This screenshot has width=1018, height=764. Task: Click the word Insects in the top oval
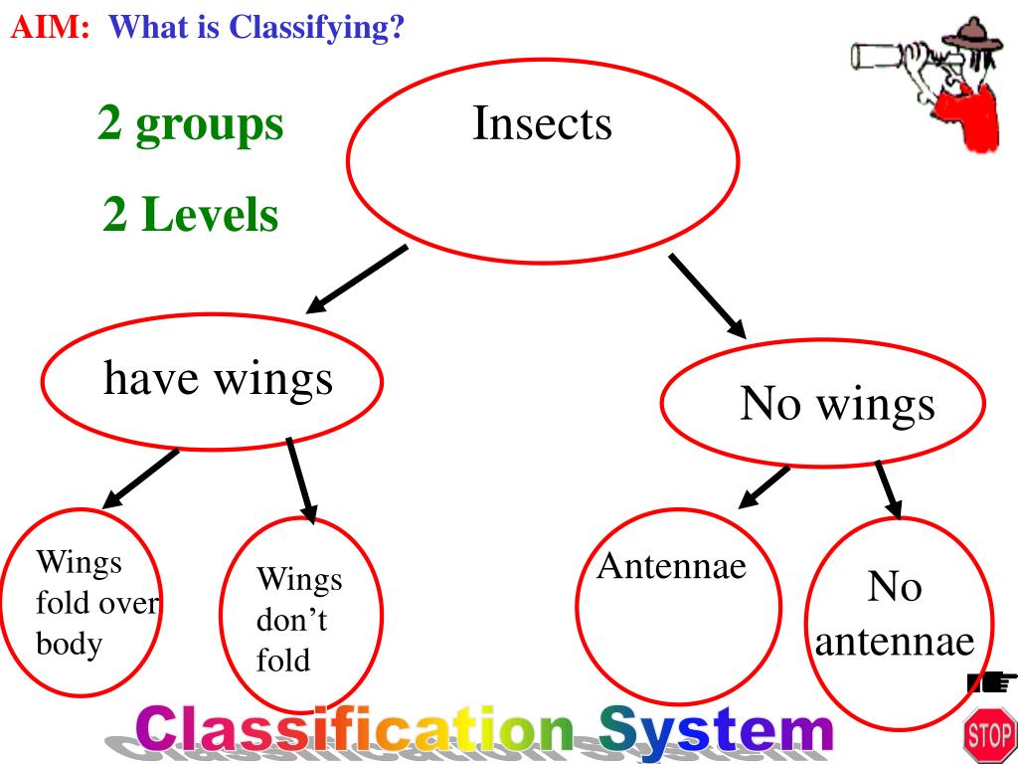(542, 124)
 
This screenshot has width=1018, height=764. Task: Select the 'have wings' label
(218, 378)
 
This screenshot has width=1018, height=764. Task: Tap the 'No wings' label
(837, 404)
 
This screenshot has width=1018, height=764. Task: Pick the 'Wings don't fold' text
(298, 619)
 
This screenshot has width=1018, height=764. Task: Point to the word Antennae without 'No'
(671, 567)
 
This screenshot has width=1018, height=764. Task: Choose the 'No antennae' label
(895, 613)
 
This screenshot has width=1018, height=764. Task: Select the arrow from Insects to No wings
(708, 294)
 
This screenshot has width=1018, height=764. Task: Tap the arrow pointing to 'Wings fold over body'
(141, 477)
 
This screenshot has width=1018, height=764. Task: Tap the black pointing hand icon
(990, 682)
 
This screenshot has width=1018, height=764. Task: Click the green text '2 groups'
(190, 124)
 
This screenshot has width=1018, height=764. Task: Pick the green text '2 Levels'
(190, 215)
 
